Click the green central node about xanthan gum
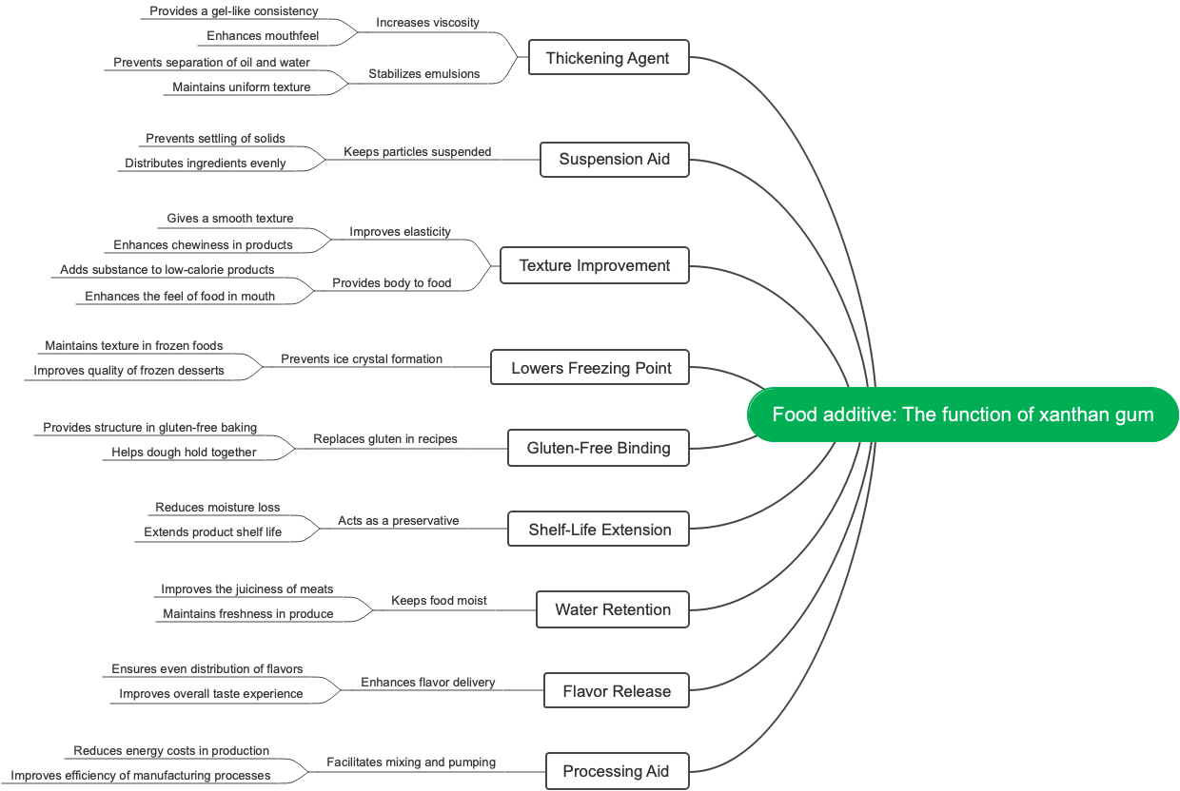962,415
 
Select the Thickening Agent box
608,58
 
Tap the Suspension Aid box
614,159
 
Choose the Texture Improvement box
595,265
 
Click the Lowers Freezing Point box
591,368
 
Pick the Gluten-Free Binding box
599,448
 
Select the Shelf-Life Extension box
600,530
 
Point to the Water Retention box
613,609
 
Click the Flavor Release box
617,691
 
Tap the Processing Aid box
616,771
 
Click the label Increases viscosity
427,22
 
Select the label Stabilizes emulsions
423,73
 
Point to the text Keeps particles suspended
417,151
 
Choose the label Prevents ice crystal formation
362,358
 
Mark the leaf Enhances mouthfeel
263,36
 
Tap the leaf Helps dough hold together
184,452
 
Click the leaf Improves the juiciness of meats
247,588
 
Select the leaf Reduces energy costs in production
171,750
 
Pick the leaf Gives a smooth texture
230,218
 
